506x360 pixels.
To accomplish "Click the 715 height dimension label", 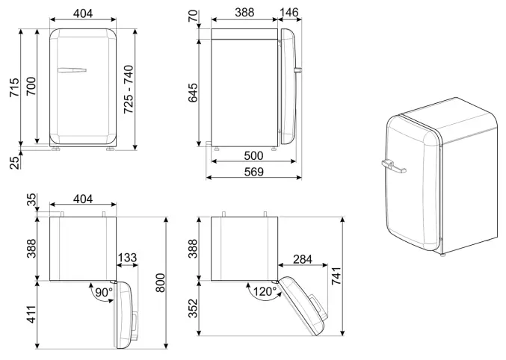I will [x=10, y=88].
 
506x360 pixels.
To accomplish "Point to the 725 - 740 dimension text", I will [x=129, y=88].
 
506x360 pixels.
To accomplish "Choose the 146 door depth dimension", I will [x=290, y=13].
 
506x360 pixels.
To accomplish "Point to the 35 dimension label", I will [x=31, y=202].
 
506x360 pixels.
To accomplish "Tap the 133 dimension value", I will [x=127, y=258].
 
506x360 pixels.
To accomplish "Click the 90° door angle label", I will [x=102, y=292].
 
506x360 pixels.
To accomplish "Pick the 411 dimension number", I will [x=31, y=314].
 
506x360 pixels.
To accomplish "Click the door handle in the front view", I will [x=72, y=70].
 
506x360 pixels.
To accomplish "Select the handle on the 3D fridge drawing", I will [x=391, y=165].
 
